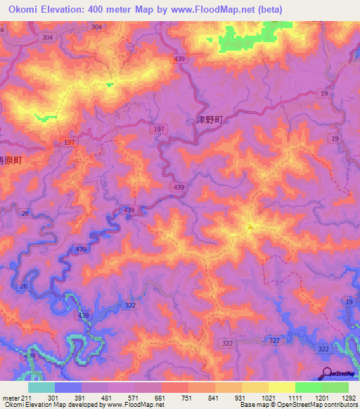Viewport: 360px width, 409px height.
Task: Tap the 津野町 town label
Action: click(208, 120)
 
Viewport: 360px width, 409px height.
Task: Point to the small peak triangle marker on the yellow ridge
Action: click(251, 226)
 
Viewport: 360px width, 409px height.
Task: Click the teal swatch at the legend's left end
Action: click(41, 387)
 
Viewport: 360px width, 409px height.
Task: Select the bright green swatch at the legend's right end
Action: click(335, 387)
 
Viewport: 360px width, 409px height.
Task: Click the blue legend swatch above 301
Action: click(68, 387)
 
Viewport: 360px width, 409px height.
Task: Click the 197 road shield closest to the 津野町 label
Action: click(158, 129)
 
